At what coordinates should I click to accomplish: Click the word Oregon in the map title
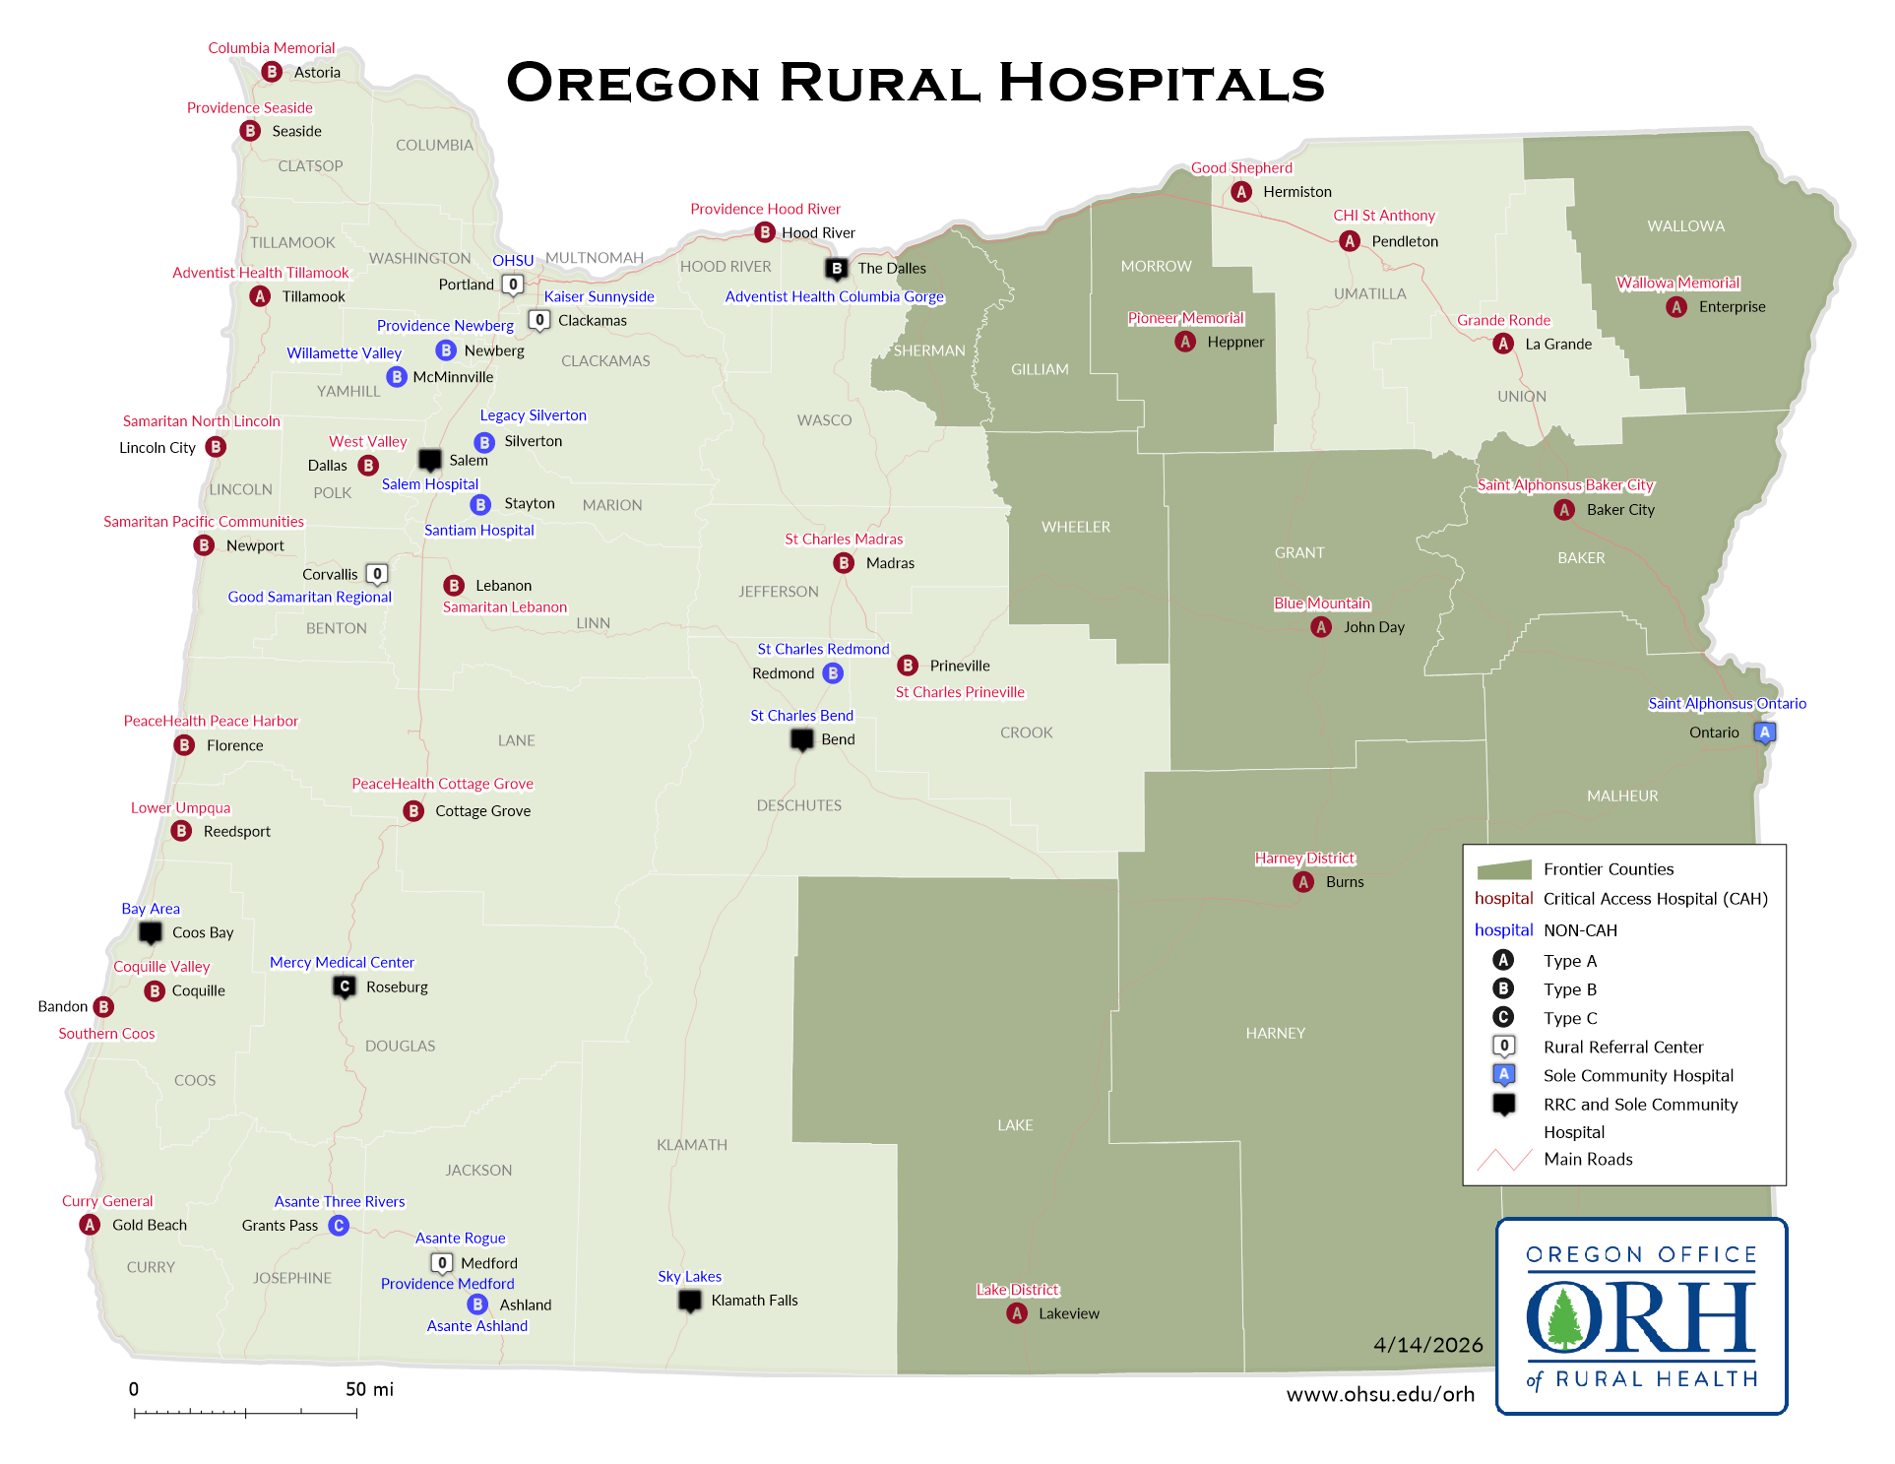(633, 83)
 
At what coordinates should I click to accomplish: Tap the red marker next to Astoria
(272, 72)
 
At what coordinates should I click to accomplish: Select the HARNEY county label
(1275, 1033)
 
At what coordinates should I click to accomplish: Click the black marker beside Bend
(802, 738)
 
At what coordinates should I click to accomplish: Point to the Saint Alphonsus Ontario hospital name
(1727, 703)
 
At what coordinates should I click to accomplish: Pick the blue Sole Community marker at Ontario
(1764, 732)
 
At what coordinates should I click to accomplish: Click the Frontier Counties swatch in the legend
(1503, 869)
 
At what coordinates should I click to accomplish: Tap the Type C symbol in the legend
(1503, 1017)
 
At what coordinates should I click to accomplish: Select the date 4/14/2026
(1427, 1345)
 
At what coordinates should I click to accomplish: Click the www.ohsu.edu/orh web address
(1380, 1394)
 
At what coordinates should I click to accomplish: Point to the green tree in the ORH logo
(1563, 1317)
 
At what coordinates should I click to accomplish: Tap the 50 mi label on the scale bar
(369, 1389)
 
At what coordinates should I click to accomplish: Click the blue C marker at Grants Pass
(339, 1226)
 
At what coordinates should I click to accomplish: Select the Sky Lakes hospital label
(689, 1276)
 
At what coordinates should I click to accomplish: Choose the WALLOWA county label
(1685, 226)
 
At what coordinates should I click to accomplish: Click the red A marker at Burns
(1303, 882)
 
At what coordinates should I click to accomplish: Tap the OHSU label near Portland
(513, 261)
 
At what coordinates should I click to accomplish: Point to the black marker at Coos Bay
(151, 931)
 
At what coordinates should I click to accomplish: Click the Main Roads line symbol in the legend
(1503, 1160)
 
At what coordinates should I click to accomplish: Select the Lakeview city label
(1068, 1313)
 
